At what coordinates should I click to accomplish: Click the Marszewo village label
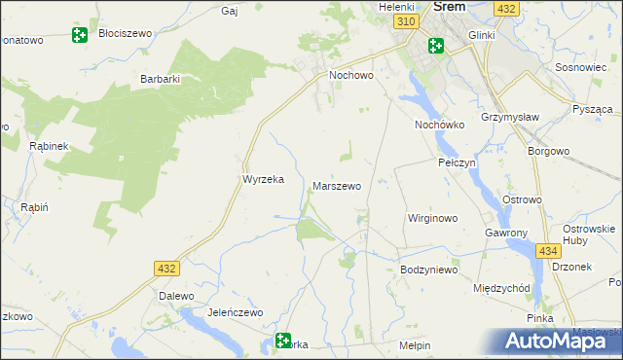[337, 185]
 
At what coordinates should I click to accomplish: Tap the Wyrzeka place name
[262, 180]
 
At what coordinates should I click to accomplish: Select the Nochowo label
[352, 74]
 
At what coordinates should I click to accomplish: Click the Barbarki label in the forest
[162, 80]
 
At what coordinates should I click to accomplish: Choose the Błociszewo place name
[126, 33]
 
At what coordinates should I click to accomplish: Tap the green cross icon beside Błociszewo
[80, 36]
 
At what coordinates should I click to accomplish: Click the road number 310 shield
[409, 21]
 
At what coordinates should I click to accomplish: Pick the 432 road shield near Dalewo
[165, 268]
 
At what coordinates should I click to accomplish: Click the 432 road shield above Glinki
[505, 8]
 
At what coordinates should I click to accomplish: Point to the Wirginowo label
[432, 218]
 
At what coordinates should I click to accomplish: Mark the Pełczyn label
[457, 163]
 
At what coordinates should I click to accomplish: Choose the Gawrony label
[505, 234]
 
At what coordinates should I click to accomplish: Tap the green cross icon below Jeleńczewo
[283, 342]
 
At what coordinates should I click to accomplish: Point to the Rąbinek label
[48, 146]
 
